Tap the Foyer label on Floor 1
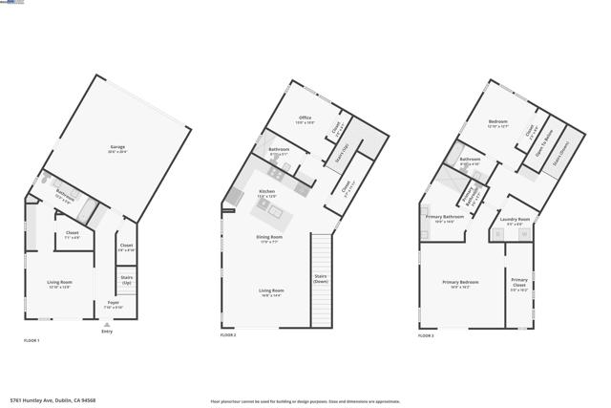[x=113, y=305]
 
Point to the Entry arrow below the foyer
[x=106, y=324]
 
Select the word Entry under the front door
[x=106, y=332]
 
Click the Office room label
[x=305, y=119]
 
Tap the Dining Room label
[x=270, y=238]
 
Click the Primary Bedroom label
[x=459, y=284]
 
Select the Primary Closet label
[x=518, y=284]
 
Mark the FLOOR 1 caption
[x=32, y=341]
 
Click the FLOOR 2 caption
[x=228, y=335]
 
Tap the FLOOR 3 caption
[x=426, y=336]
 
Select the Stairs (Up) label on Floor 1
[x=126, y=280]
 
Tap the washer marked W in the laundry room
[x=499, y=232]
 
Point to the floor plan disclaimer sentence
[x=305, y=401]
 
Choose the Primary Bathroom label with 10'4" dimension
[x=445, y=218]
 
